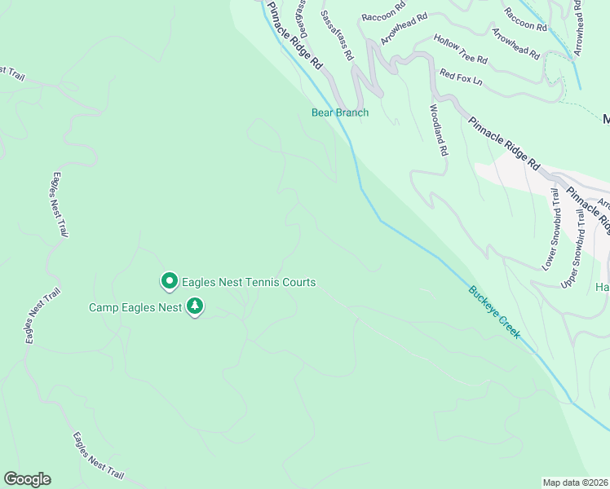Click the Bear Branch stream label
click(x=340, y=112)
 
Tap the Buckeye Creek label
click(x=493, y=311)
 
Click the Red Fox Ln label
click(x=461, y=77)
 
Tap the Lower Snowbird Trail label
click(x=552, y=229)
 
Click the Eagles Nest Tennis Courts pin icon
click(x=170, y=281)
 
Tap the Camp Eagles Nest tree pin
click(x=195, y=306)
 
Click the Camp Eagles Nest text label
click(x=135, y=307)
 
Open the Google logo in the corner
click(x=27, y=479)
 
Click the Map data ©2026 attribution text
click(x=575, y=482)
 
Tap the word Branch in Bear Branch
click(x=352, y=112)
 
